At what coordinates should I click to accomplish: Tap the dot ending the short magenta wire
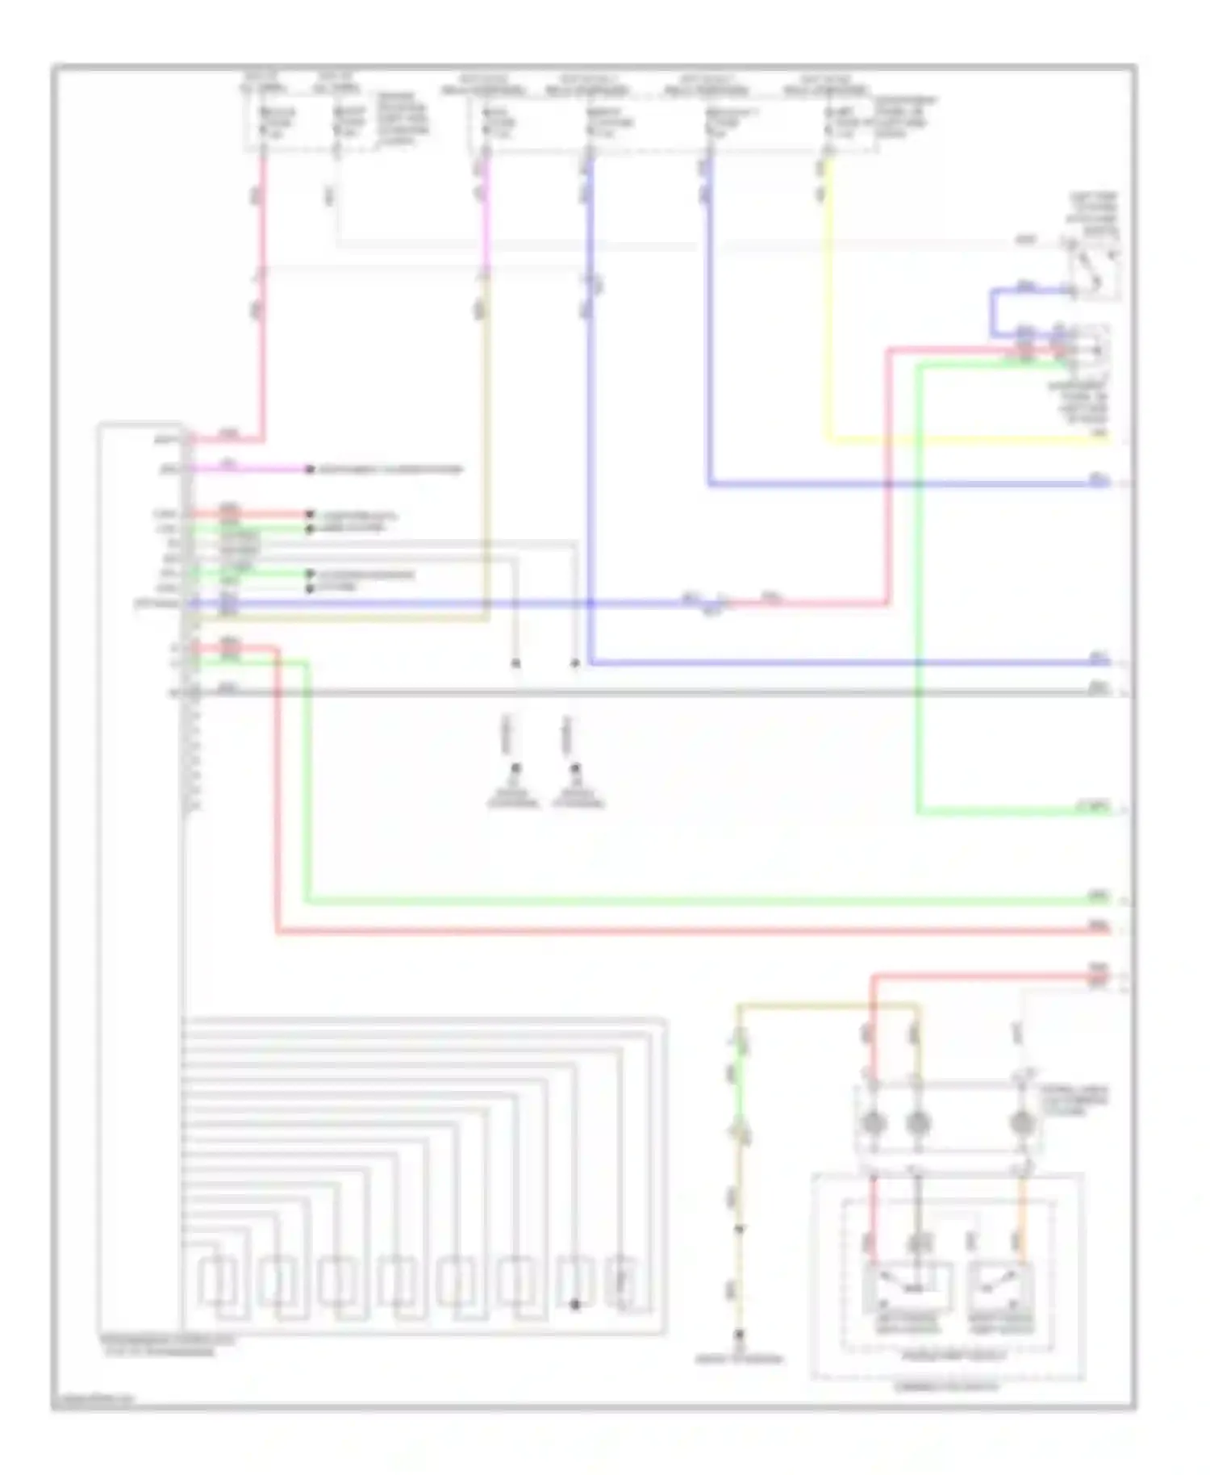click(309, 469)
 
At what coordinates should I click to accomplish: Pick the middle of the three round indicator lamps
click(917, 1122)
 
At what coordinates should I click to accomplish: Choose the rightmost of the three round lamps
click(1021, 1122)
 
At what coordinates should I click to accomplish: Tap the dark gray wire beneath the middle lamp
click(917, 1210)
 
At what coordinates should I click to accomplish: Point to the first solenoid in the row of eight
click(218, 1283)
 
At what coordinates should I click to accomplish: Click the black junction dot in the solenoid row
click(575, 1305)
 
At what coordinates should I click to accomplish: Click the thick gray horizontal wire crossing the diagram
click(645, 692)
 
